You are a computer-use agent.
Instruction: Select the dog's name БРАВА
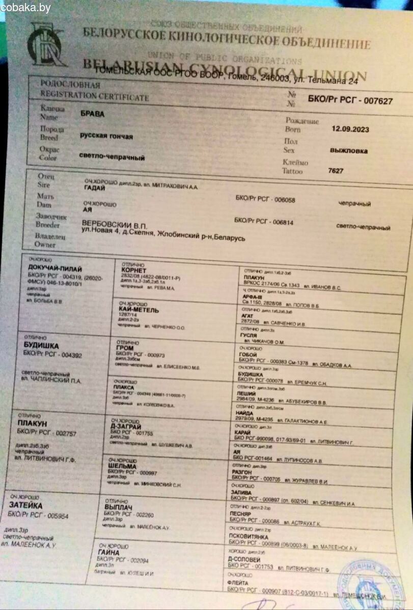92,114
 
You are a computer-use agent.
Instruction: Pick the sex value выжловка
349,150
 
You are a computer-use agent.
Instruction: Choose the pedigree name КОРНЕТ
132,270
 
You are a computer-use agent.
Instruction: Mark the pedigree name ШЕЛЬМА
122,466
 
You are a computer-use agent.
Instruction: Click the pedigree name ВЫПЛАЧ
118,507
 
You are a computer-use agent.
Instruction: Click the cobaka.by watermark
25,8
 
